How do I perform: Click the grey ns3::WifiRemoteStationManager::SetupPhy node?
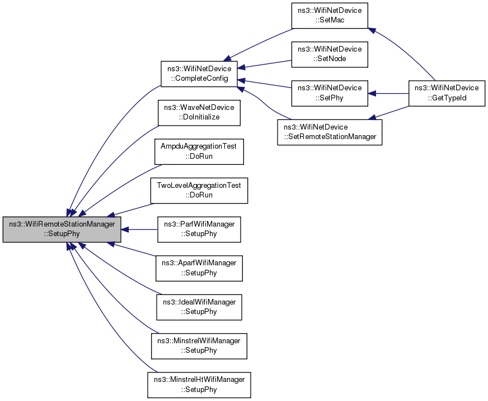[62, 229]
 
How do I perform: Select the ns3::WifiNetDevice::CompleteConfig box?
[199, 74]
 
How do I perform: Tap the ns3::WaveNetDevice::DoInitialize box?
[199, 113]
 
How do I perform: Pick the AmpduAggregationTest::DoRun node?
[199, 151]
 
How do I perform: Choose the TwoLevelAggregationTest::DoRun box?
[199, 191]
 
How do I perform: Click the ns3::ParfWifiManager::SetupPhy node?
[199, 229]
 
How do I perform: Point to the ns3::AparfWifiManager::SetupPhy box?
[199, 268]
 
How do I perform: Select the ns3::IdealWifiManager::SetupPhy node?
[199, 307]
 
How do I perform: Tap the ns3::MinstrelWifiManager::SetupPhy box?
[199, 346]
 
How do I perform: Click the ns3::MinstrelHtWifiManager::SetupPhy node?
[199, 385]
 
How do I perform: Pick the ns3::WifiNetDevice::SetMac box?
[330, 16]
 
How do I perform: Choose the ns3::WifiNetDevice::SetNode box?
[330, 54]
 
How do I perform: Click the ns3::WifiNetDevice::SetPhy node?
[330, 93]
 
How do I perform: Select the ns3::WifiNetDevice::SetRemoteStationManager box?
[330, 132]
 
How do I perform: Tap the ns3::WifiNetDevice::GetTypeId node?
[447, 93]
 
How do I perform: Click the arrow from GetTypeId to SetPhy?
[388, 93]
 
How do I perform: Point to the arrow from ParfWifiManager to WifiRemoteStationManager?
[139, 229]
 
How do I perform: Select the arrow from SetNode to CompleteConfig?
[264, 64]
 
